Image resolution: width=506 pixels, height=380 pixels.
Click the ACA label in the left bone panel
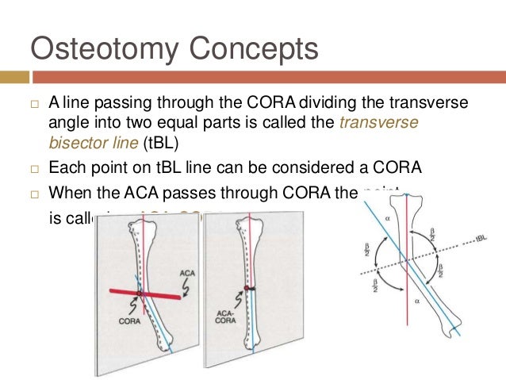pos(187,273)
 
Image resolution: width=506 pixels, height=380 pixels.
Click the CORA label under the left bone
pos(129,322)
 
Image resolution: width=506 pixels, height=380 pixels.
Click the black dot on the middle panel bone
pos(247,287)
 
